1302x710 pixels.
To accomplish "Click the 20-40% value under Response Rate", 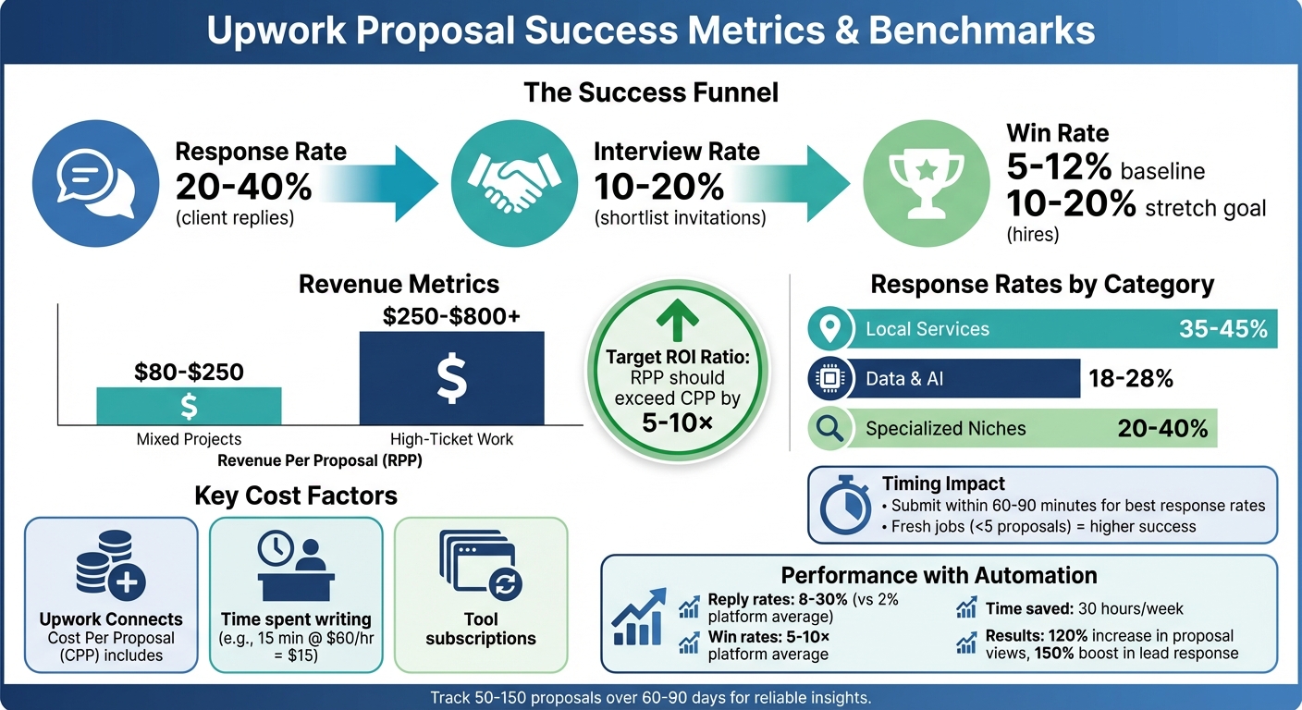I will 243,188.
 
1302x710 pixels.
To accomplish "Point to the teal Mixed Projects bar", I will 189,406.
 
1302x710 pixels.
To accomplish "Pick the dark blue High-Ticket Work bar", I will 451,378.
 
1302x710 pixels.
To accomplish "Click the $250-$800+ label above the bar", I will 451,316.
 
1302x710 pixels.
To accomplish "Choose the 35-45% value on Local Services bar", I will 1222,329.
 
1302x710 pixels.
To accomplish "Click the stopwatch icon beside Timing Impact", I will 845,506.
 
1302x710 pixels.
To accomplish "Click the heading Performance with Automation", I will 939,575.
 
